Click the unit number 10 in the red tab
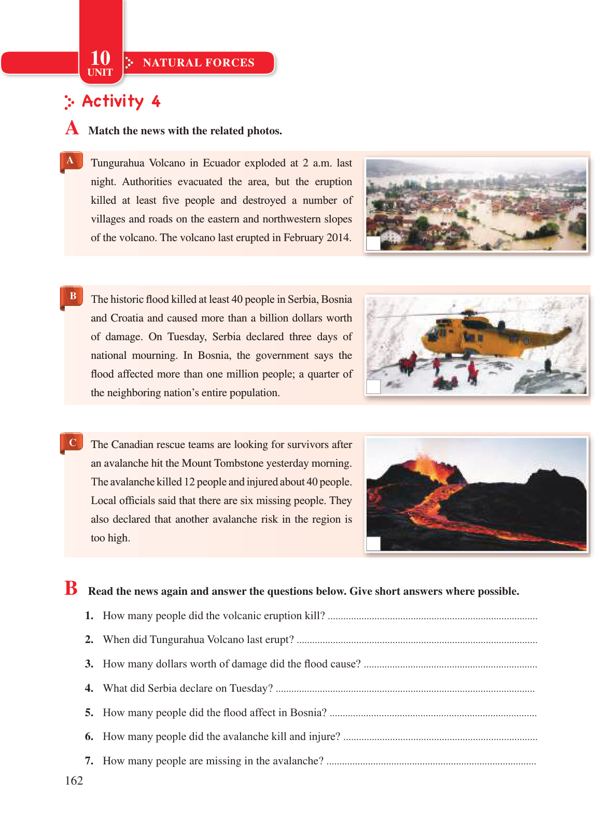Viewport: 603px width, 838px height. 100,58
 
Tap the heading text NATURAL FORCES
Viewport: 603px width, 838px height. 199,63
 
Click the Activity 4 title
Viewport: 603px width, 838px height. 121,101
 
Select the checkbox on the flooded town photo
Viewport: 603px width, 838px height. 373,243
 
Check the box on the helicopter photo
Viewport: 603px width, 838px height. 373,386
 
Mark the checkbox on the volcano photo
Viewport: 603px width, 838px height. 373,543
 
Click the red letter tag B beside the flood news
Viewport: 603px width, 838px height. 73,296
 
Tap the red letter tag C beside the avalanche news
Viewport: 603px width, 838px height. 73,442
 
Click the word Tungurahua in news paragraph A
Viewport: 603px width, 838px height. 118,163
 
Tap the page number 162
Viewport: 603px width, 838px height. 74,780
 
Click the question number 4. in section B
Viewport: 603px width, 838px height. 89,688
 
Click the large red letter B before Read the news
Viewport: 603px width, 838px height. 71,589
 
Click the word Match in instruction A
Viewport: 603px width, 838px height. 104,131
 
